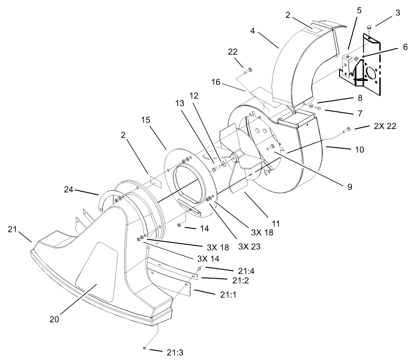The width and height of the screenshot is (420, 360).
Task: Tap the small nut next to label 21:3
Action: pyautogui.click(x=144, y=349)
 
